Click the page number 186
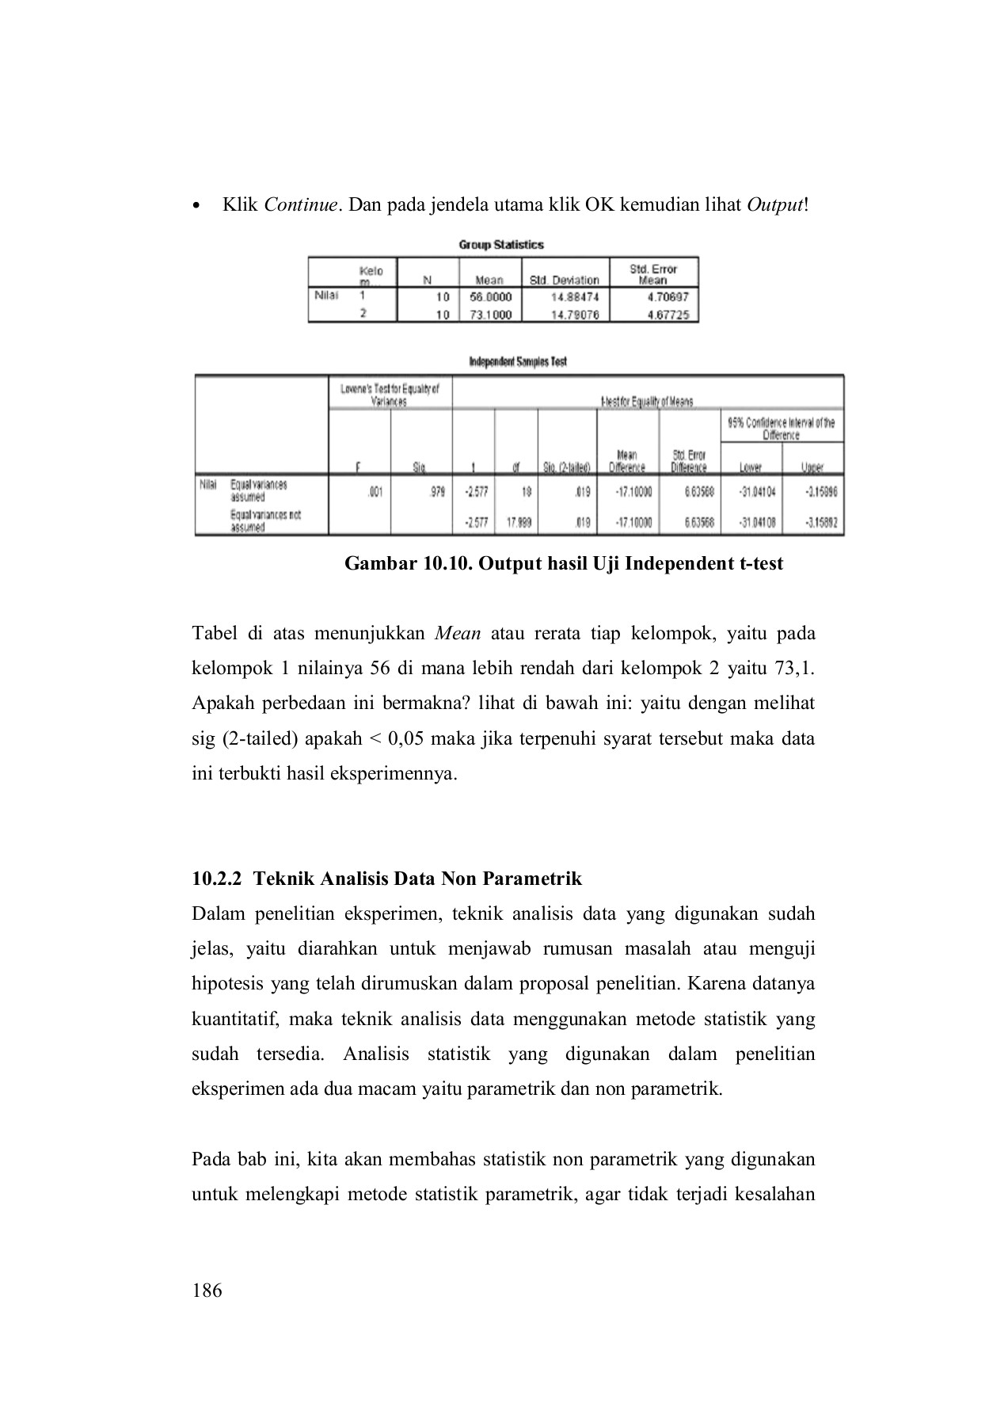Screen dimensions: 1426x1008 (207, 1291)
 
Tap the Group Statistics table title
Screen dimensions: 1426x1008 (501, 245)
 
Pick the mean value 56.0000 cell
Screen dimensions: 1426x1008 (492, 297)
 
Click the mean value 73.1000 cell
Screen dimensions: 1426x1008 (492, 315)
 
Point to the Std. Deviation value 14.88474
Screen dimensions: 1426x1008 (575, 297)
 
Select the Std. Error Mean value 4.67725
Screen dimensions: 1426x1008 (668, 315)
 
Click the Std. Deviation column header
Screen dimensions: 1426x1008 (564, 280)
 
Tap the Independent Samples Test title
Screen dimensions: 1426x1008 (518, 361)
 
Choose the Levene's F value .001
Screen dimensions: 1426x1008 (375, 492)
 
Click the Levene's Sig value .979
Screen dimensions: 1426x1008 (436, 492)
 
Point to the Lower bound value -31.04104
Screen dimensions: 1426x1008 (757, 492)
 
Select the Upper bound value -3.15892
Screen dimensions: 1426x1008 (821, 522)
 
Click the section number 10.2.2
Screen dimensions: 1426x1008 (219, 879)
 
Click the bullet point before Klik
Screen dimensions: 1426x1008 (196, 206)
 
